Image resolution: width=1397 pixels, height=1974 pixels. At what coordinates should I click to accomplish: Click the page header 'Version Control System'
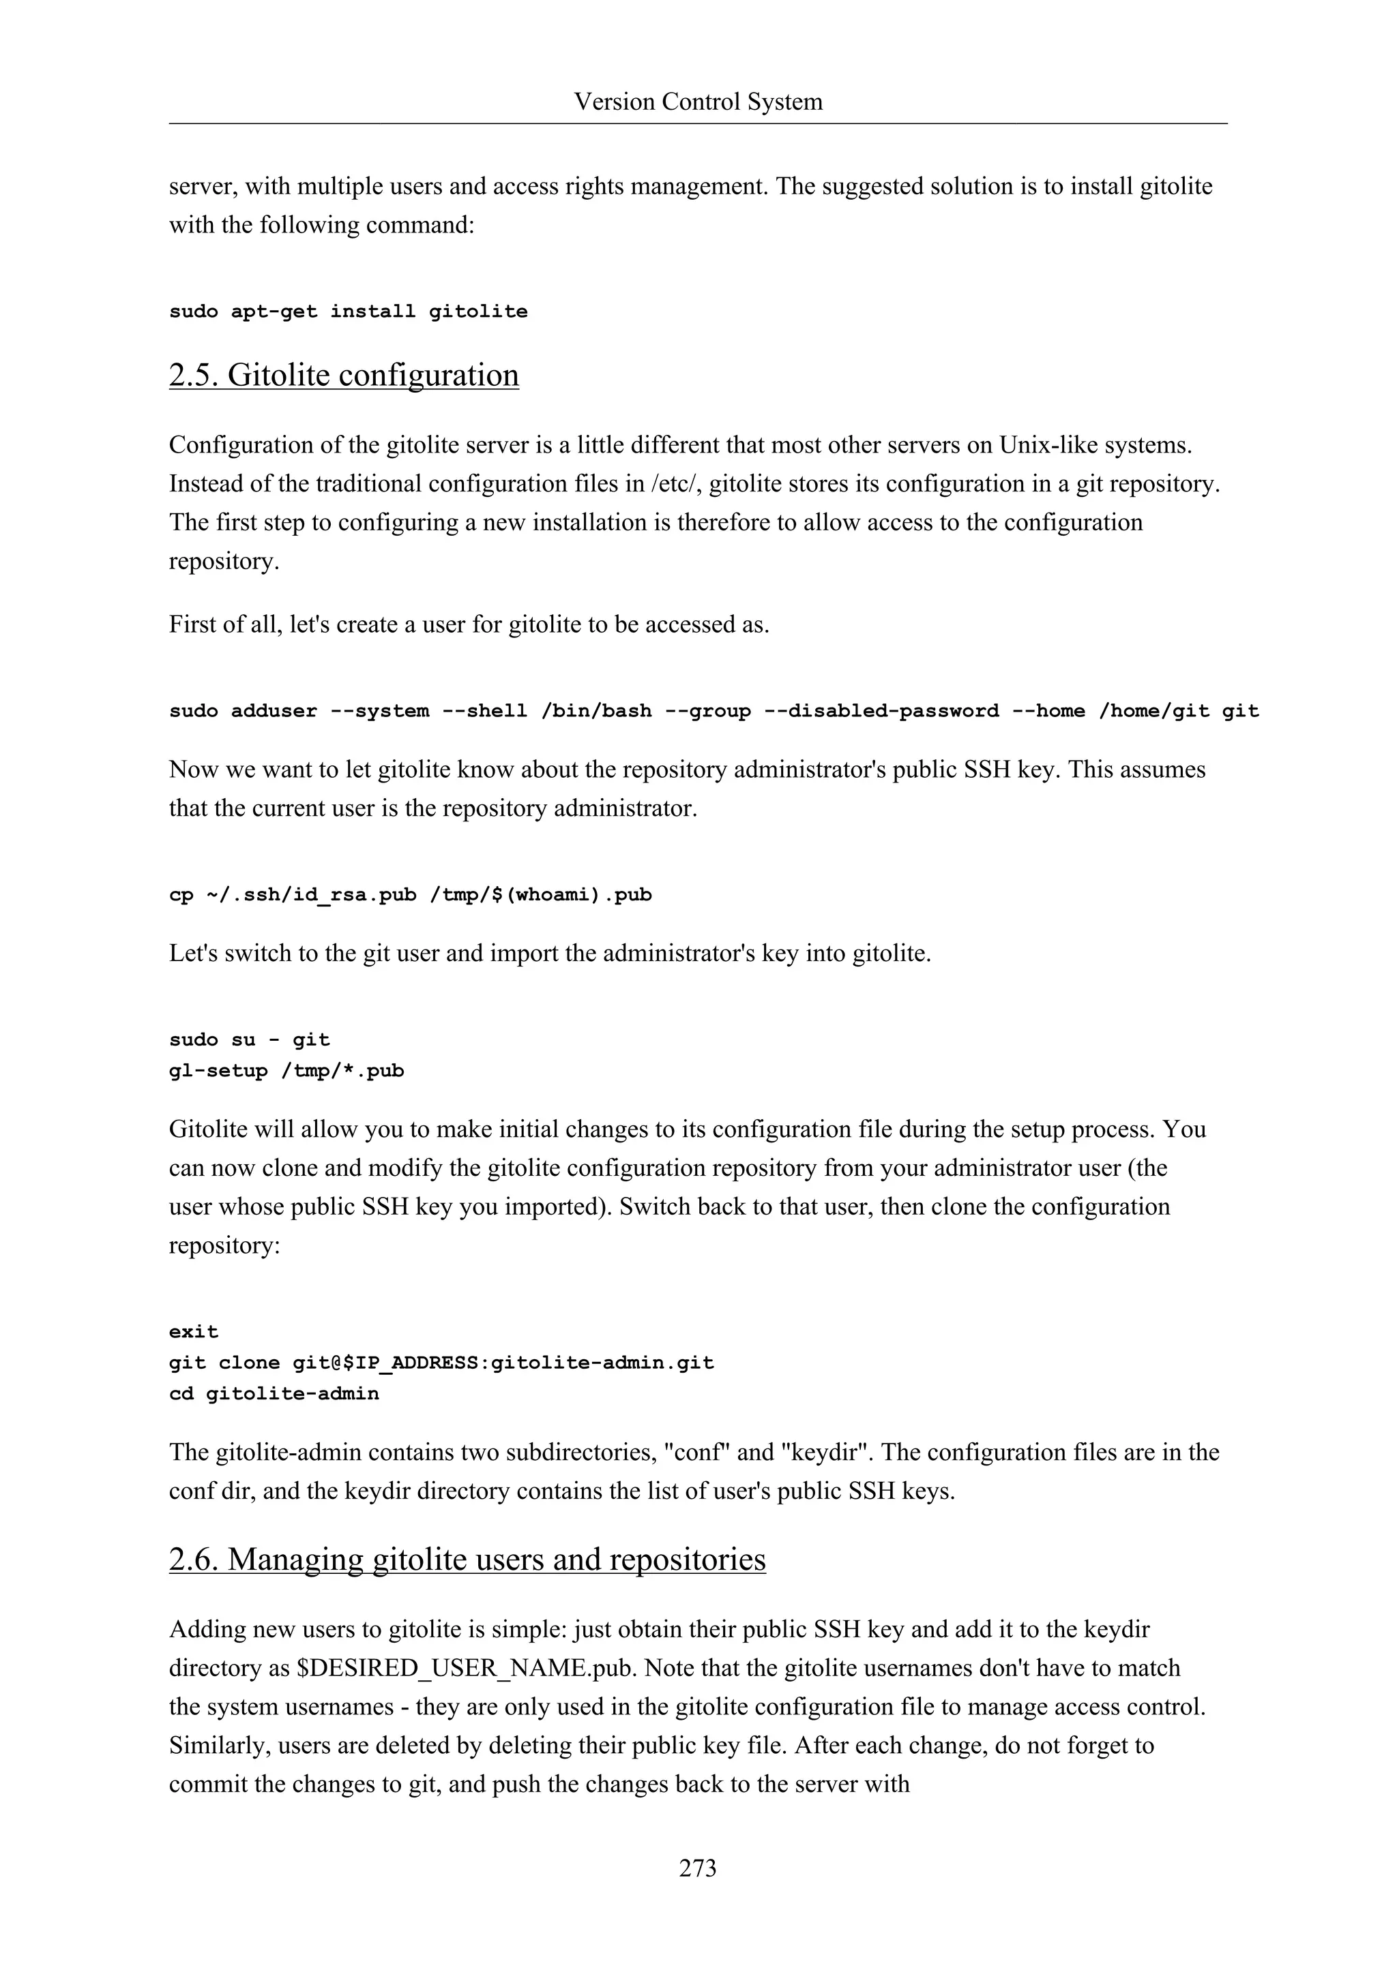(698, 102)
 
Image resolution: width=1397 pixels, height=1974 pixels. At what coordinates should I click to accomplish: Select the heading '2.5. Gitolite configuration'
(343, 375)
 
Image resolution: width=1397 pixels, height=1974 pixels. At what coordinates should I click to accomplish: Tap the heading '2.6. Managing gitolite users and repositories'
(467, 1560)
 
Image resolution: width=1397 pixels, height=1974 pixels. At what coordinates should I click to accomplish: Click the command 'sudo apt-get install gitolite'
(349, 312)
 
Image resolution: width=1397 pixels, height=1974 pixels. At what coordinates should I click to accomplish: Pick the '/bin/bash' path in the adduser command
(596, 711)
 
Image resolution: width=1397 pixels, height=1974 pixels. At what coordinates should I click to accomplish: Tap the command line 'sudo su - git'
(250, 1040)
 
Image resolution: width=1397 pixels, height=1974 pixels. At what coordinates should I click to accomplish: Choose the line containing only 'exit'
(194, 1332)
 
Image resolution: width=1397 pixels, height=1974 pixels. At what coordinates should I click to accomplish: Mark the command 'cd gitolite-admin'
(274, 1394)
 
